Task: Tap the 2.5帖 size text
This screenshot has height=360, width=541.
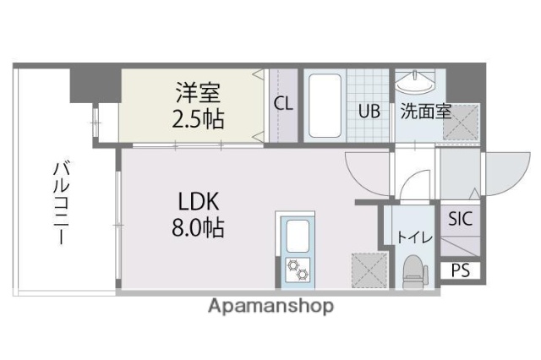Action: [199, 117]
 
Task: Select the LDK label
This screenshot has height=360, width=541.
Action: [199, 201]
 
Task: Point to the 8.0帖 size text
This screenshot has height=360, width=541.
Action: [199, 227]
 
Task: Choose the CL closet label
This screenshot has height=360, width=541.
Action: [283, 105]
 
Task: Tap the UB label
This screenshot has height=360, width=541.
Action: [368, 111]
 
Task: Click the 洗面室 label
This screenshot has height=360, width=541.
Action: [425, 111]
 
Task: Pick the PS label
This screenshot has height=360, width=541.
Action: [460, 270]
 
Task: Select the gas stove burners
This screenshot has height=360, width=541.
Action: [297, 269]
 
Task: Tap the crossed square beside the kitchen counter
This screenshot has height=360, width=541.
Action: [365, 270]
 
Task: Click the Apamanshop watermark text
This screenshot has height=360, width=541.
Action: [270, 306]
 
